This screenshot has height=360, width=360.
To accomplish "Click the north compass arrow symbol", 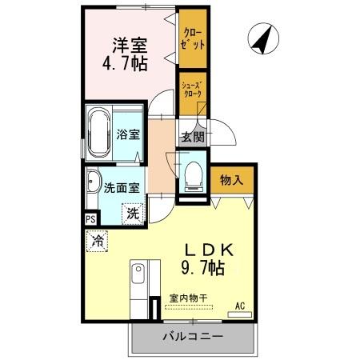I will tap(259, 40).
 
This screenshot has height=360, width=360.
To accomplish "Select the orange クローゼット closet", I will tap(193, 39).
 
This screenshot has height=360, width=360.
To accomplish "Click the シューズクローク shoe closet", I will tap(192, 90).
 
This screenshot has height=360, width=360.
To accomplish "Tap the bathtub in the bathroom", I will tap(101, 131).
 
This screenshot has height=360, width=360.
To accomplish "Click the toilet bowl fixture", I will tap(193, 175).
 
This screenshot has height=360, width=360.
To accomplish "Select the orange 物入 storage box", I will tap(232, 180).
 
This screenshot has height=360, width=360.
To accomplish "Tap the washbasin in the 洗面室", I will tap(92, 183).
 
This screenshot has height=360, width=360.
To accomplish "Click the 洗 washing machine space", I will tap(133, 214).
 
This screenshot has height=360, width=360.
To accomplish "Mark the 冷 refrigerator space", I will tap(98, 238).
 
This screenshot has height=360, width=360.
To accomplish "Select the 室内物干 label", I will tap(188, 300).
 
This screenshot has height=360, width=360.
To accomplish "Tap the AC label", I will tap(240, 305).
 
